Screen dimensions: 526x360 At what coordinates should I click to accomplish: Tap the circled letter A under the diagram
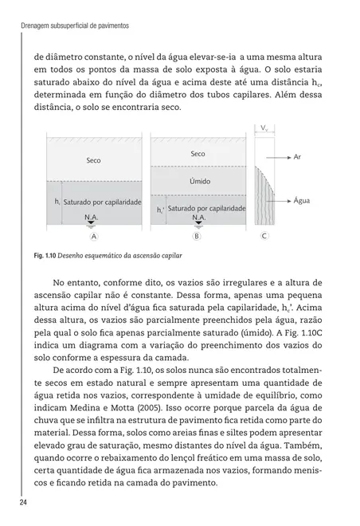click(x=94, y=237)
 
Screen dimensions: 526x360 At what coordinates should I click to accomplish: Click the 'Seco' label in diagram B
click(x=198, y=153)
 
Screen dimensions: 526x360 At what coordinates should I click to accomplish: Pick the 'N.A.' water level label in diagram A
click(x=93, y=216)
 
